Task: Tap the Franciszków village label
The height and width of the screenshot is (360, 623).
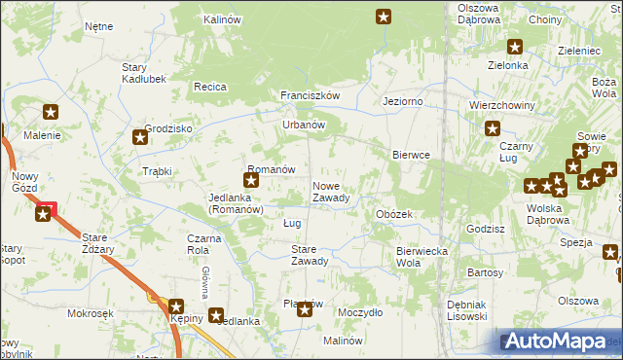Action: point(309,95)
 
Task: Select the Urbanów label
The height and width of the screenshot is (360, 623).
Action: point(303,125)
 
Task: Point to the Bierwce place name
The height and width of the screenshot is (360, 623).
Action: point(411,155)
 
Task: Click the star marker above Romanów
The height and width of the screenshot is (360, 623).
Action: point(251,179)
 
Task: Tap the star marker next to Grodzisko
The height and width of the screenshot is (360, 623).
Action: point(140,137)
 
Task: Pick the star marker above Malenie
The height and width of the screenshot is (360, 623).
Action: point(51,113)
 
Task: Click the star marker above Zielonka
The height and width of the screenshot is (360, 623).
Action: point(514,46)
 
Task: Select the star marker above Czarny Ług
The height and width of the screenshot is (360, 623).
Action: point(493,127)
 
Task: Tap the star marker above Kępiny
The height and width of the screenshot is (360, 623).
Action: point(176,306)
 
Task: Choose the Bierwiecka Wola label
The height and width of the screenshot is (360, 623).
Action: point(421,257)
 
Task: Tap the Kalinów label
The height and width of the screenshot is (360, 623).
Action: point(222,19)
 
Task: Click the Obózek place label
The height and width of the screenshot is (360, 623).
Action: point(394,213)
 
